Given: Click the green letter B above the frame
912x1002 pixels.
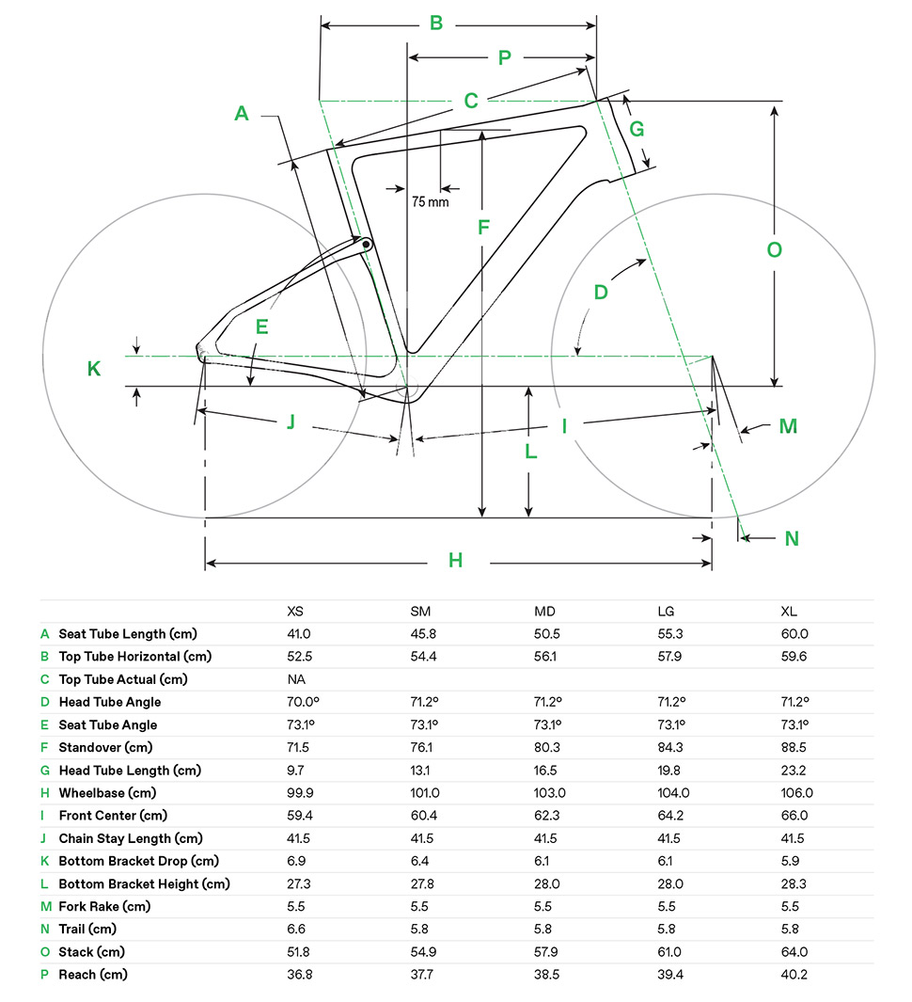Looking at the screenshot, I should click(x=436, y=23).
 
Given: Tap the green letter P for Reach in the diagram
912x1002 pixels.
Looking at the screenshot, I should click(x=504, y=57).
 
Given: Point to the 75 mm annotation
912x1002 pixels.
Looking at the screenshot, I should click(x=430, y=201).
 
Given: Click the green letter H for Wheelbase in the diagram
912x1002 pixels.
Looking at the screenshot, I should click(x=456, y=561).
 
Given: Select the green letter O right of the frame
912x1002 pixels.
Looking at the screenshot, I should click(x=774, y=250).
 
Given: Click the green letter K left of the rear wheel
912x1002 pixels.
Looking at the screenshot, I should click(x=94, y=369).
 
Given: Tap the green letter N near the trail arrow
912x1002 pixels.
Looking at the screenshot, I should click(x=792, y=538).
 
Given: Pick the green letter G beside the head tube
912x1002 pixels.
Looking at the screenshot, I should click(x=637, y=130).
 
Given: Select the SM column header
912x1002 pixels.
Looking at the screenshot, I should click(x=420, y=612).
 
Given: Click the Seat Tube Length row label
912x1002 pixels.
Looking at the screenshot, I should click(x=128, y=634).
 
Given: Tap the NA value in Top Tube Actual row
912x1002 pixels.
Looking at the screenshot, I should click(x=296, y=679).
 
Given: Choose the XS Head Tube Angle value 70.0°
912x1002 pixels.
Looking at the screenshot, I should click(x=302, y=702).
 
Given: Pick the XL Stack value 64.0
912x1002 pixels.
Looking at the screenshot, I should click(x=794, y=951).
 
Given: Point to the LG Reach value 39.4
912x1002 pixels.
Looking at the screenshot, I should click(x=670, y=974).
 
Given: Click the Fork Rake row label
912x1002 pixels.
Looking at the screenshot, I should click(x=104, y=906).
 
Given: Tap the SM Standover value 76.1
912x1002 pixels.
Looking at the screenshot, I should click(x=421, y=747).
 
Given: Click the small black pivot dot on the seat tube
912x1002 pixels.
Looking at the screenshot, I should click(x=366, y=245).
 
